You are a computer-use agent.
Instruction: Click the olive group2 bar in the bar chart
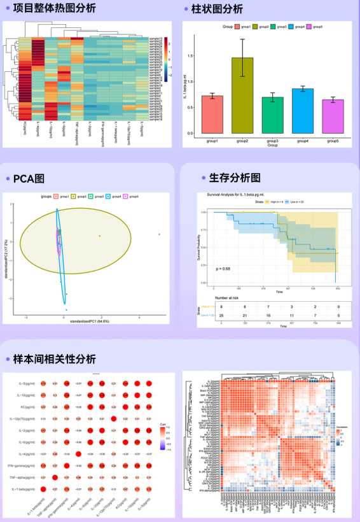coord(242,95)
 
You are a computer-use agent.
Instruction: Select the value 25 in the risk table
coord(222,315)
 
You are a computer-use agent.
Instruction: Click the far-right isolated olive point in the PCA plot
coord(159,235)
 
